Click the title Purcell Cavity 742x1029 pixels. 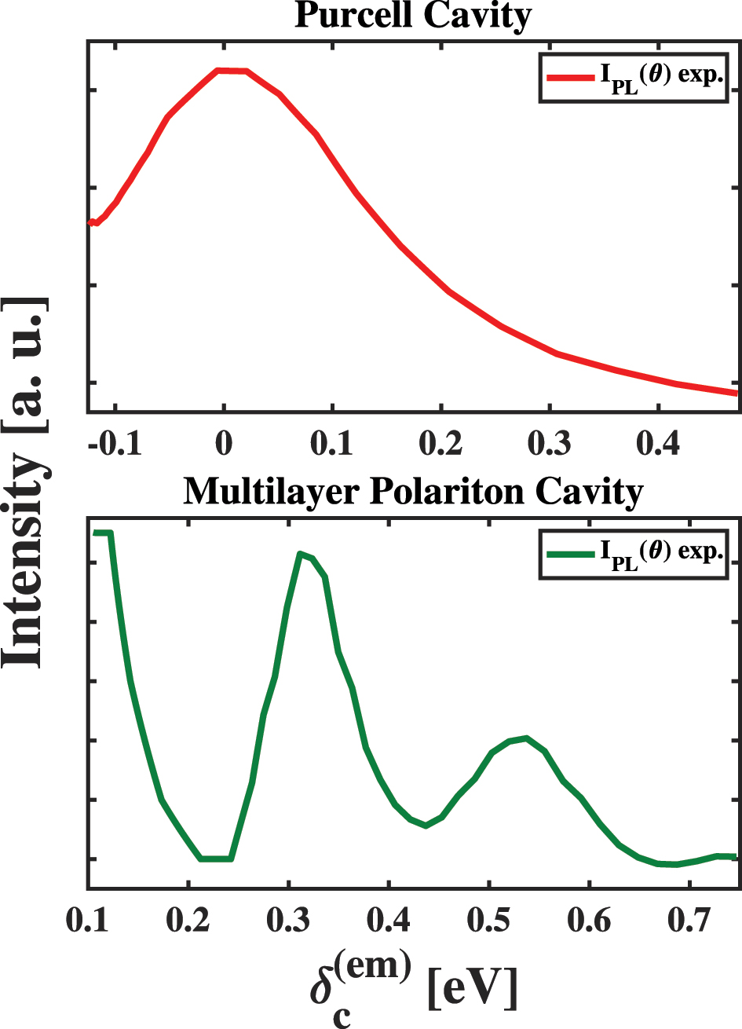413,15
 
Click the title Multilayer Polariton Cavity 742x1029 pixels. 413,492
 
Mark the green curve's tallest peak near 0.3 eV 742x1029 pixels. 300,554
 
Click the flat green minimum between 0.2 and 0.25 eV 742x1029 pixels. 215,859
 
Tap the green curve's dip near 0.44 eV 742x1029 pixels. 426,826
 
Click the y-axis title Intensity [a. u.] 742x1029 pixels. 25,483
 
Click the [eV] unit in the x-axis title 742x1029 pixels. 473,988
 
